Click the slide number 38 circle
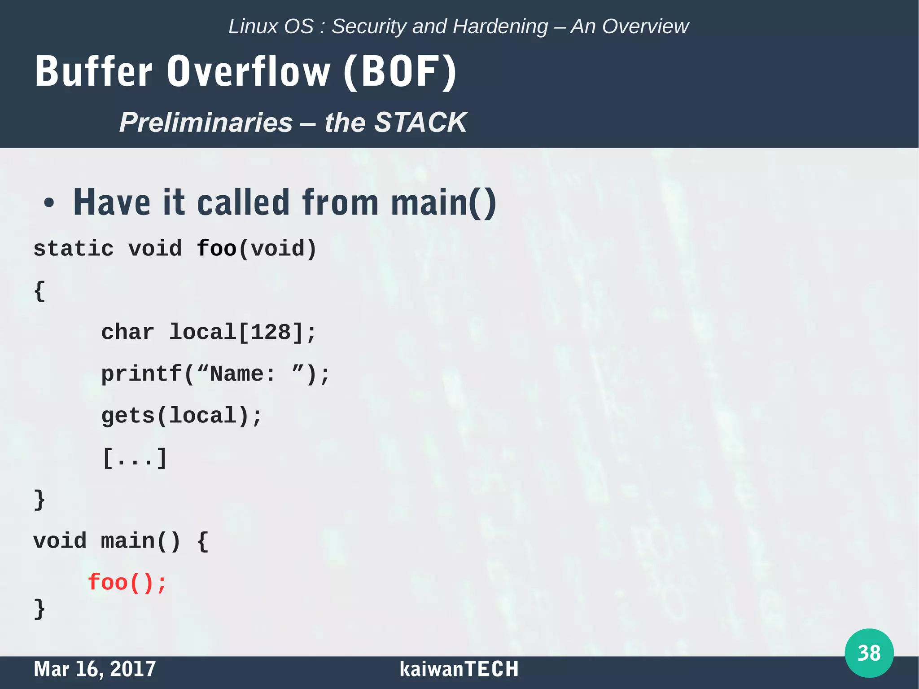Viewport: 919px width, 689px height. pos(869,653)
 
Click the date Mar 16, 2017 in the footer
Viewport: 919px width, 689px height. pos(95,669)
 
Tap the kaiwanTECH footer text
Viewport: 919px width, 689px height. pos(459,669)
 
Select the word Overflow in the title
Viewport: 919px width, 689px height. pos(249,72)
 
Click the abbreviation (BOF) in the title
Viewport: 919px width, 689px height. pos(400,72)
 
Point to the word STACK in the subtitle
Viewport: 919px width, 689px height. pos(420,122)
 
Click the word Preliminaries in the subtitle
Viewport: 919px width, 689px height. pos(206,122)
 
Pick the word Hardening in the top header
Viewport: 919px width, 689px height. pos(500,26)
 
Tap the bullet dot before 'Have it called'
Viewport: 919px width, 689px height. pos(49,203)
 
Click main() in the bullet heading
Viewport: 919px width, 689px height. pos(443,203)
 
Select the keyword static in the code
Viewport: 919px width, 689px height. pos(74,249)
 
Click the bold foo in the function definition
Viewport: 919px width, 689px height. pos(217,249)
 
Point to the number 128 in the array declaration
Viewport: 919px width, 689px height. pos(271,332)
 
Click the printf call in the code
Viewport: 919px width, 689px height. pos(141,374)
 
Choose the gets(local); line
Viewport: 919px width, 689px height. pos(181,416)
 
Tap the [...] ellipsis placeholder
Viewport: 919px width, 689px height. pos(135,458)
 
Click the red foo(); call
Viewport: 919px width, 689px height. pos(127,583)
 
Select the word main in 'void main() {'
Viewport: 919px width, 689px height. pos(127,541)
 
